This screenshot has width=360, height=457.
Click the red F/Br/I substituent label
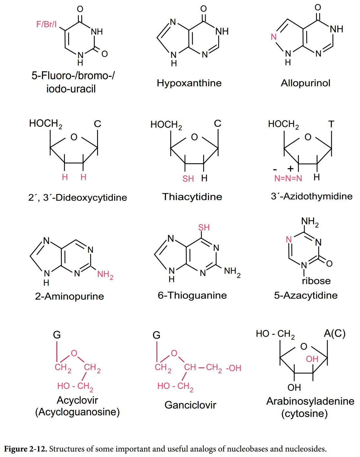click(46, 24)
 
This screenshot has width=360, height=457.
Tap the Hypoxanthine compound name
click(189, 83)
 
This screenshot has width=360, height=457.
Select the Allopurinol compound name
click(305, 83)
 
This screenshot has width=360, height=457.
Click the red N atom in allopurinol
click(274, 37)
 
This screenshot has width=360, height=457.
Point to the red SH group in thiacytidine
click(188, 179)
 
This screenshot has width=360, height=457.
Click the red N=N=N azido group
click(288, 178)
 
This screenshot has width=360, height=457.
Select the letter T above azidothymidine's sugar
click(331, 124)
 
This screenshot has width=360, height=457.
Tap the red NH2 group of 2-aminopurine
click(105, 275)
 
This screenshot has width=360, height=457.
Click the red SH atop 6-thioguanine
click(204, 228)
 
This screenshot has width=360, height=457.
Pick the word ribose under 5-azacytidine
click(316, 281)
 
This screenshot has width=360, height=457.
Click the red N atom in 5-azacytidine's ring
click(289, 239)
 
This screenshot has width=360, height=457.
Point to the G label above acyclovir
click(57, 335)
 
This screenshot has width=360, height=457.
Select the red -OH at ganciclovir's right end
click(234, 368)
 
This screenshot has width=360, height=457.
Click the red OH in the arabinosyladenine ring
click(312, 359)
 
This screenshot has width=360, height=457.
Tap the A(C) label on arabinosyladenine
click(334, 333)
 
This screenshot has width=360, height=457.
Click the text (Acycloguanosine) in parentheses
click(77, 412)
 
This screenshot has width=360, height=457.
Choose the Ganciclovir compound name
click(190, 405)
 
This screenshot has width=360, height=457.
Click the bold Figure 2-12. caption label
click(26, 449)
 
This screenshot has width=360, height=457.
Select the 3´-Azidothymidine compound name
click(311, 196)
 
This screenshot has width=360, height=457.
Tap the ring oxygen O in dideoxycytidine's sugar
click(74, 137)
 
